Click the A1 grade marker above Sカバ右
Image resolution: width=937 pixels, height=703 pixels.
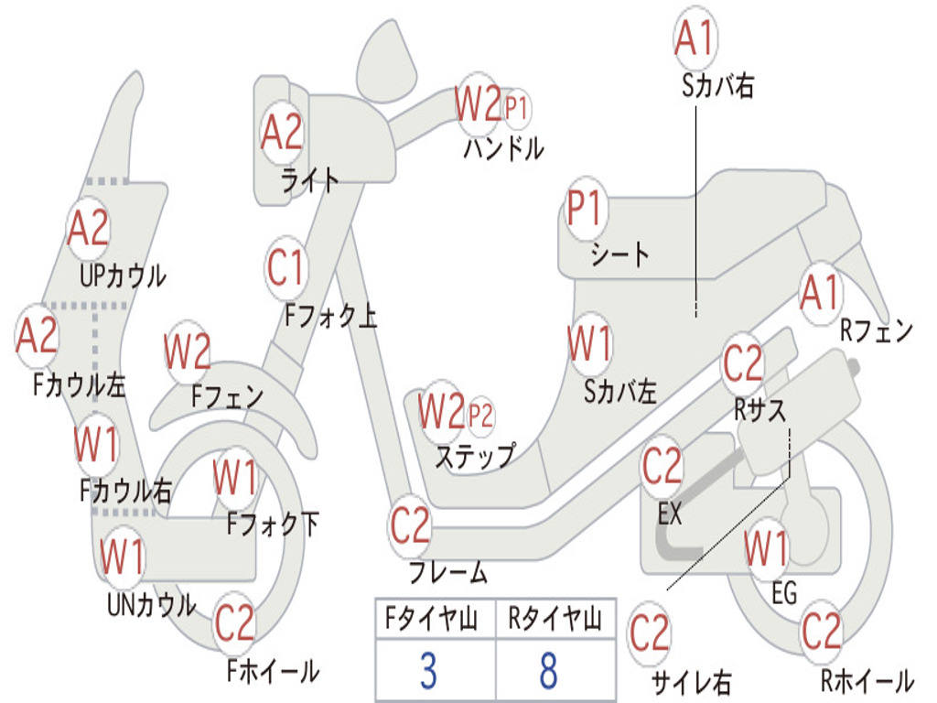point(694,38)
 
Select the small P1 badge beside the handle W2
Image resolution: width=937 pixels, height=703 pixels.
point(516,108)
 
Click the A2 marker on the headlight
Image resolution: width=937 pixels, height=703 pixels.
point(281,133)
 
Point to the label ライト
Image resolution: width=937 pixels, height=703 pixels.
point(310,179)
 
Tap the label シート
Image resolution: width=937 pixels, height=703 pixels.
point(620,254)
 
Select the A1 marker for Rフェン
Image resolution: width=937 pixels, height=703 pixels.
point(819,294)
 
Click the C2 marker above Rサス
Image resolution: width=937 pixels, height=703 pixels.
point(742,364)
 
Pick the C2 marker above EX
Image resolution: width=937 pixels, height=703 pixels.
point(662,467)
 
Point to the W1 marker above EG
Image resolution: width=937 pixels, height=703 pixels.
point(766,549)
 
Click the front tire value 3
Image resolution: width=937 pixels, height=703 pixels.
point(428,670)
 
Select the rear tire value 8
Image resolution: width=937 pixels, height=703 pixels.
point(549,670)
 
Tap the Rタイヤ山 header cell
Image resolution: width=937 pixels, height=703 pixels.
point(555,621)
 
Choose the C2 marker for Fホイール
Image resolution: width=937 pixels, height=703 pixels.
point(235,624)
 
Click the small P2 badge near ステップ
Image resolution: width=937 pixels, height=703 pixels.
point(480,416)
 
